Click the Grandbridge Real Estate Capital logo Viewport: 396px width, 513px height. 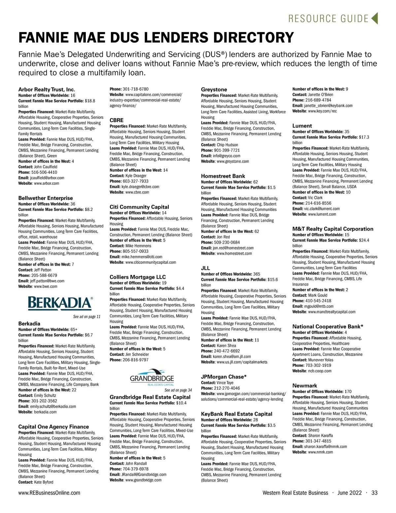point(152,378)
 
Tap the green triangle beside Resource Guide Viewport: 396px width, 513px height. point(374,18)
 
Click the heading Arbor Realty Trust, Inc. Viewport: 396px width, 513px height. point(47,89)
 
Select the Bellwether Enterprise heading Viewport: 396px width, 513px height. point(46,198)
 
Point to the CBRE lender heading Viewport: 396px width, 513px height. point(116,120)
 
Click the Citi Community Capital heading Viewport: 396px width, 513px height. point(139,207)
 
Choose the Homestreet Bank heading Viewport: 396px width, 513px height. point(223,176)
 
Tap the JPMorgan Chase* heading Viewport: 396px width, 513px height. point(224,377)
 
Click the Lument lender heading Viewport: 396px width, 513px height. point(302,126)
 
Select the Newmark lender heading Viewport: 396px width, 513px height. point(305,385)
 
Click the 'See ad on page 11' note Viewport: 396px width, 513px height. point(87,317)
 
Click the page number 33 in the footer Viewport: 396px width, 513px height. point(374,493)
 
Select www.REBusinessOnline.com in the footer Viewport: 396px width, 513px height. point(49,493)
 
